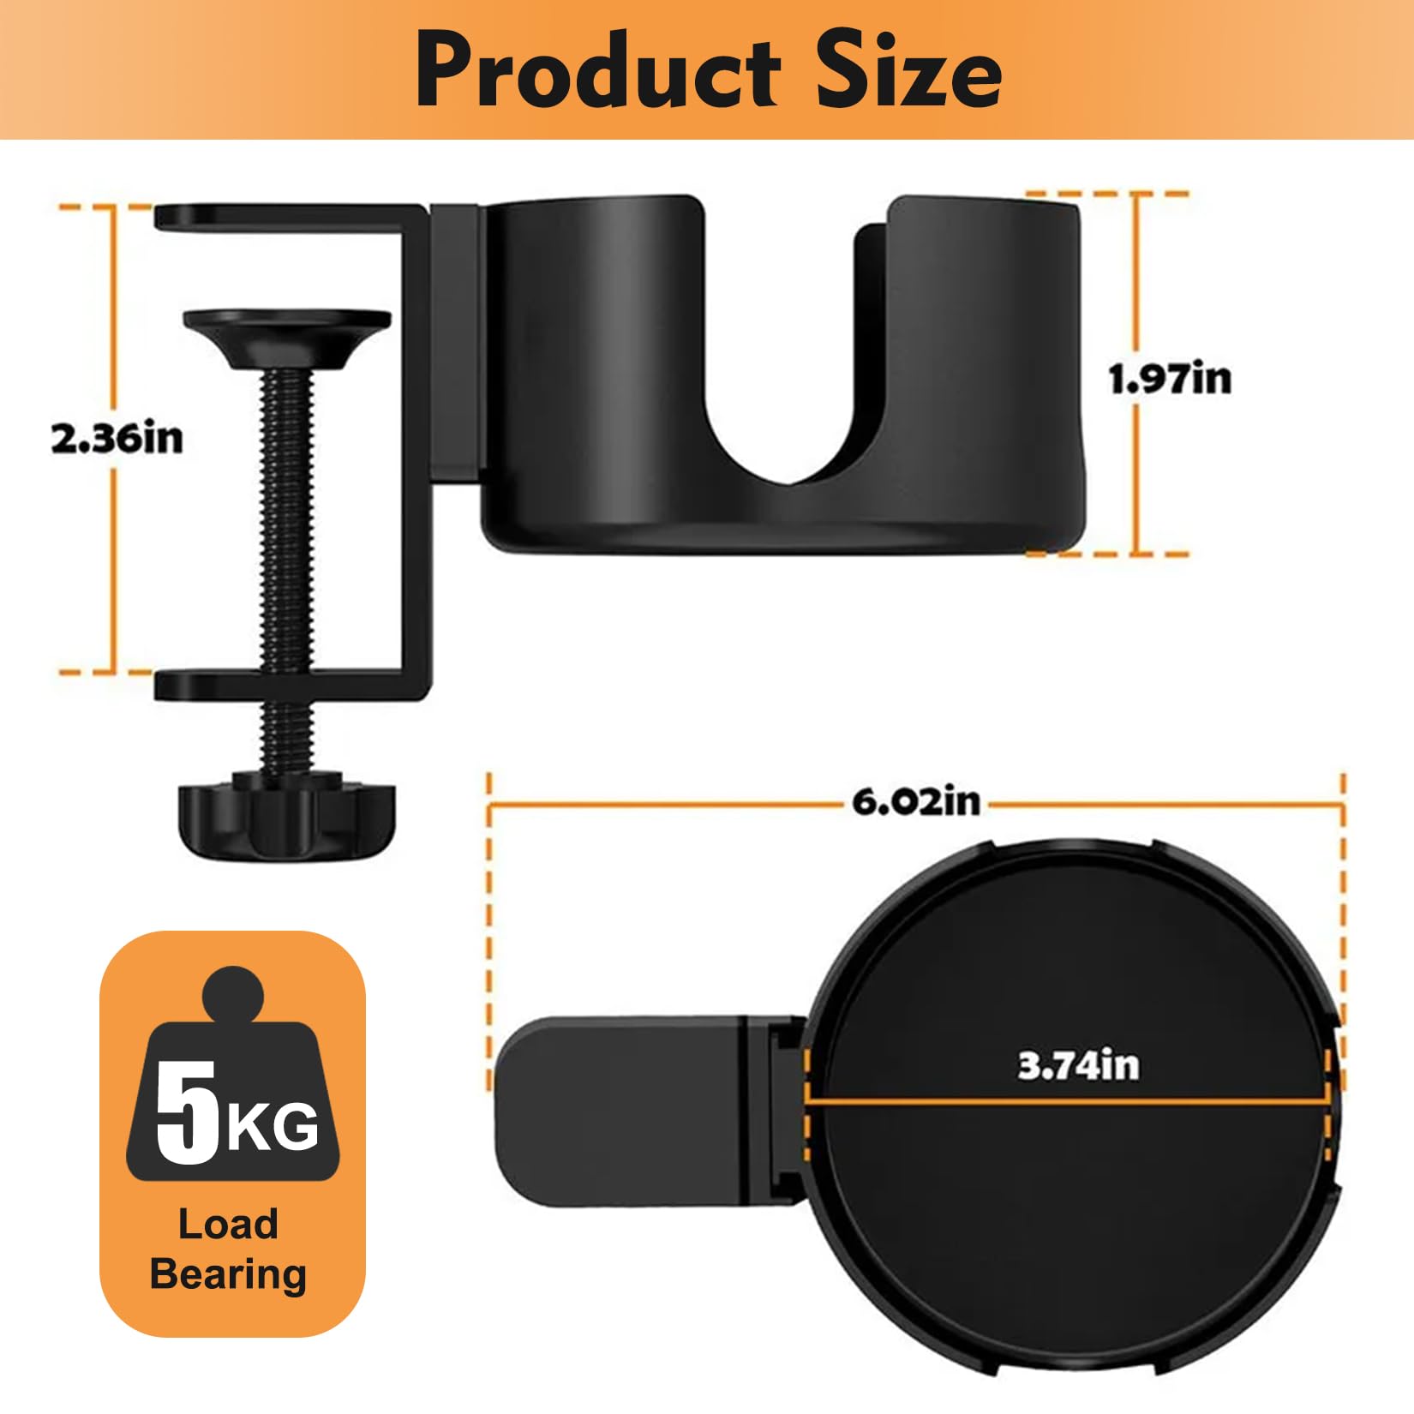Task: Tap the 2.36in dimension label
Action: (117, 439)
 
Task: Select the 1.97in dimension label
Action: (1171, 379)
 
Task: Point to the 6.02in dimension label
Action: (916, 802)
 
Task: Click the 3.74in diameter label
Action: (1079, 1065)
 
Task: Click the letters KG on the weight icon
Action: (273, 1127)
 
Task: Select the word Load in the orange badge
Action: (228, 1224)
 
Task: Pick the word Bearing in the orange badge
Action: (228, 1275)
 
